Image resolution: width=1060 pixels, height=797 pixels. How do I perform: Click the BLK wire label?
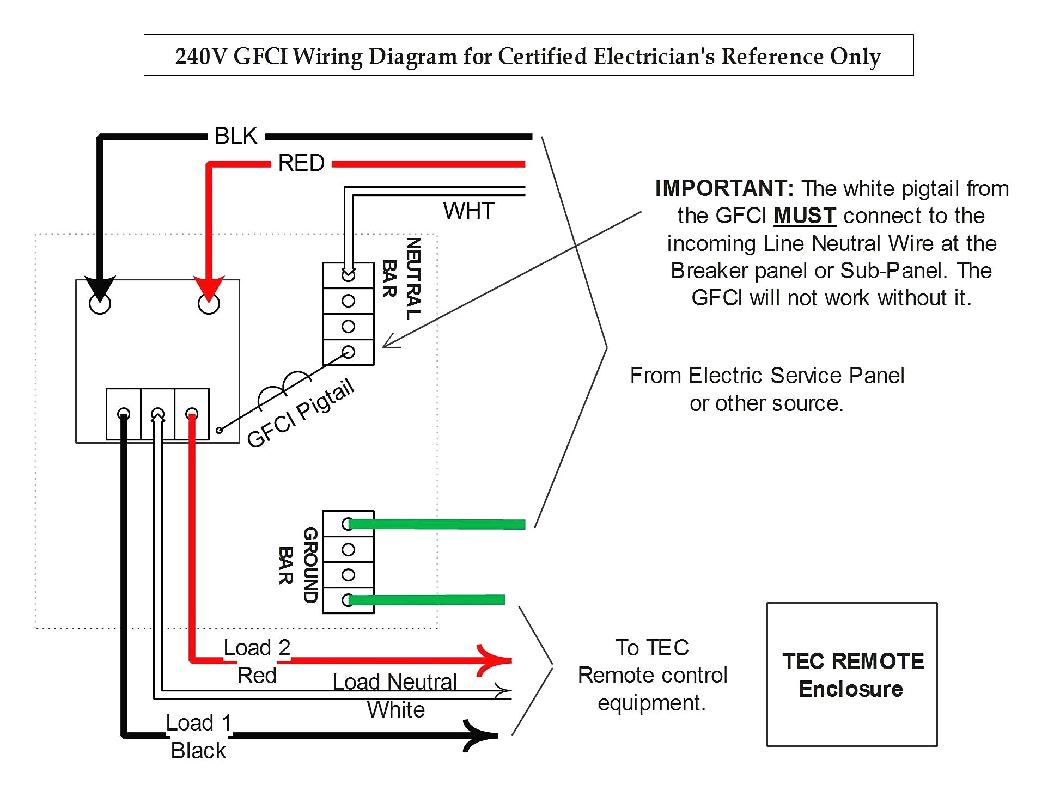click(x=235, y=136)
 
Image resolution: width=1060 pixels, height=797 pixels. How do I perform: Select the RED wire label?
click(x=301, y=163)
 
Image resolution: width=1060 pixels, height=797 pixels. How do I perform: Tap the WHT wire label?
click(x=468, y=211)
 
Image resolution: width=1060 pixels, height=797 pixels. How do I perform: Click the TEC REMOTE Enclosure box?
click(x=851, y=674)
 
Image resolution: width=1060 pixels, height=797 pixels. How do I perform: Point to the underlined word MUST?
click(x=804, y=216)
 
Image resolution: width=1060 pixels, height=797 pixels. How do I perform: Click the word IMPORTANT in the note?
click(x=724, y=189)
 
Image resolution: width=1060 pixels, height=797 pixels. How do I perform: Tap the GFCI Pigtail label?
click(x=300, y=413)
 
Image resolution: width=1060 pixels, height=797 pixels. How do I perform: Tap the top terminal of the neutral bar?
click(x=348, y=275)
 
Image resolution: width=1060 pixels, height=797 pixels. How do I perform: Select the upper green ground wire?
click(x=436, y=524)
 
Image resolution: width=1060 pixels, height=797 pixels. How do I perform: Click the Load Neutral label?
click(x=394, y=682)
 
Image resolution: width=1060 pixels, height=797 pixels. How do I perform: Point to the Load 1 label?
click(x=199, y=723)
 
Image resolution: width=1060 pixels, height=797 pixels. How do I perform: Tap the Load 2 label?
click(x=257, y=648)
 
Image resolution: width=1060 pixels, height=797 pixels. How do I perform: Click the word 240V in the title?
click(x=200, y=57)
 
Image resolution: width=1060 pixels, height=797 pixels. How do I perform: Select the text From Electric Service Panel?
click(x=766, y=376)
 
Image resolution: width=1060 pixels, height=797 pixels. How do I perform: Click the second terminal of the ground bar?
click(x=348, y=550)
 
